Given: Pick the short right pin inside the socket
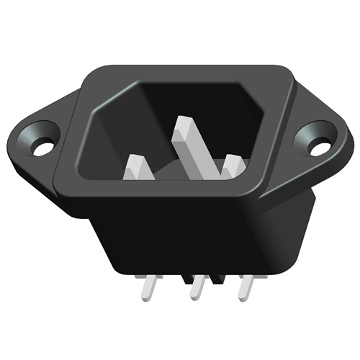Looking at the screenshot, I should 232,166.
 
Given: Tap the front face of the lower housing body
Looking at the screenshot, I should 187,238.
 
